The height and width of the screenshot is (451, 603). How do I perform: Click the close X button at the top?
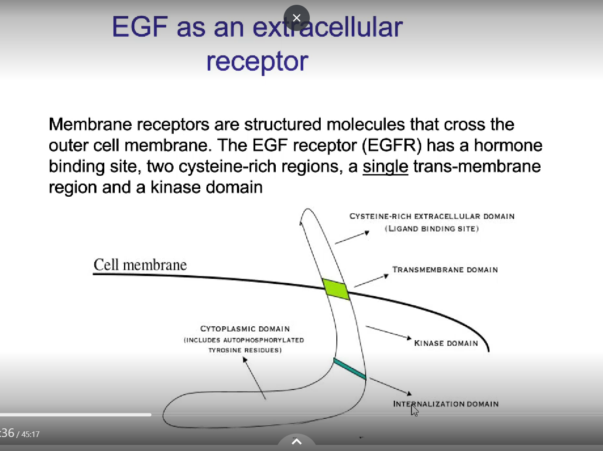tap(297, 18)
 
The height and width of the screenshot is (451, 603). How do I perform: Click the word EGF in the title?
tap(140, 27)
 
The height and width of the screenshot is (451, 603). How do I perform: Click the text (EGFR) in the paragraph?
tap(392, 145)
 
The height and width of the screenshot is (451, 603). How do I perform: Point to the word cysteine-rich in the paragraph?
tap(227, 167)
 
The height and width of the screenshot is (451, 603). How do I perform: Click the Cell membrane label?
tap(140, 265)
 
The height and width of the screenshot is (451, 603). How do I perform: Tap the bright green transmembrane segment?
tap(336, 289)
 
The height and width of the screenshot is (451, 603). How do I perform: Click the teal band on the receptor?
tap(349, 369)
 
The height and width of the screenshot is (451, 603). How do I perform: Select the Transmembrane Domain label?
tap(445, 270)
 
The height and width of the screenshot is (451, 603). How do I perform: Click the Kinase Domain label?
tap(446, 343)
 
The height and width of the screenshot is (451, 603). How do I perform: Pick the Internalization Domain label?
tap(445, 404)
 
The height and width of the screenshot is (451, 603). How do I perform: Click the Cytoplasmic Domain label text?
tap(245, 328)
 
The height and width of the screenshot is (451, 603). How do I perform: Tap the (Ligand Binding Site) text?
tap(432, 229)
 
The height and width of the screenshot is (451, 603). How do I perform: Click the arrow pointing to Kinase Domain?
tap(388, 332)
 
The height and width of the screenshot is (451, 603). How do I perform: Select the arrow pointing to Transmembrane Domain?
tap(371, 280)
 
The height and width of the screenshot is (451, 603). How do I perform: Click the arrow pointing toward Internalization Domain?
tap(391, 386)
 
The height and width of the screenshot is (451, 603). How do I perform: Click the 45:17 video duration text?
tap(30, 434)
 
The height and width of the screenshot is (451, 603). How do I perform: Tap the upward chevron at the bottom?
tap(296, 441)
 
